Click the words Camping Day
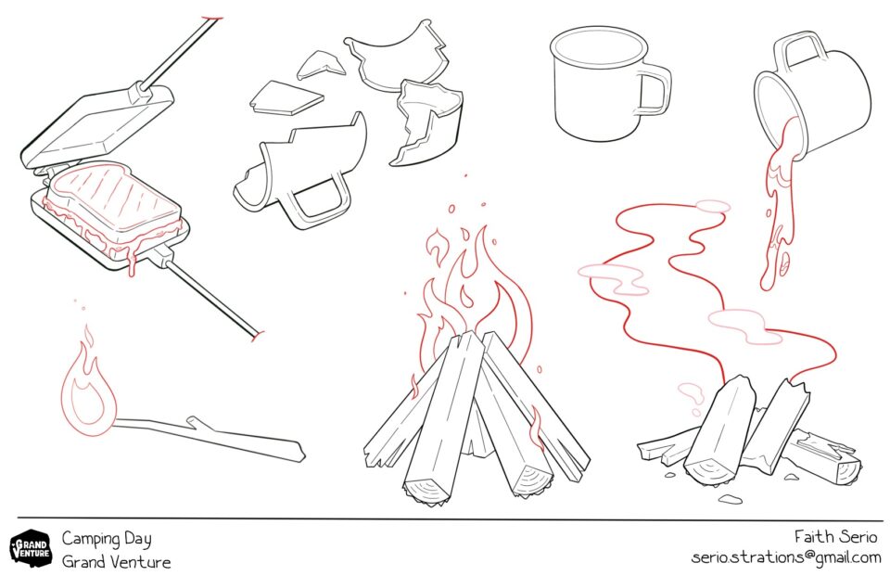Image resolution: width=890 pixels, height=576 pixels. pos(107,539)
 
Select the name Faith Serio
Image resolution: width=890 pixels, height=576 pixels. pos(835,536)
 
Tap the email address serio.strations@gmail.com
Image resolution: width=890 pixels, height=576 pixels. pos(786,557)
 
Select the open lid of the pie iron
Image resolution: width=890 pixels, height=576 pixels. pos(96,125)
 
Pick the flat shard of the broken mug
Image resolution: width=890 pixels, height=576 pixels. pos(286,98)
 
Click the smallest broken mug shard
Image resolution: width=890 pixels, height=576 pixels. pos(322,64)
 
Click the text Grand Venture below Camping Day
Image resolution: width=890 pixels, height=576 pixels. pos(117,562)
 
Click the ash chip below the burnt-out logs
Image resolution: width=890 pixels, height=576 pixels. pos(730,499)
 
